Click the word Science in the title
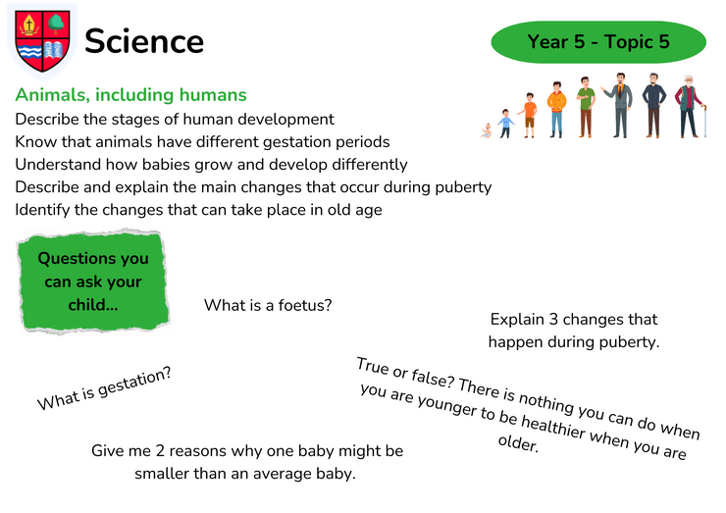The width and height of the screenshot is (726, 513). [x=144, y=41]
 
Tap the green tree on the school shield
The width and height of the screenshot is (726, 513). [x=57, y=24]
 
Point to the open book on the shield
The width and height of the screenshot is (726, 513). [x=54, y=50]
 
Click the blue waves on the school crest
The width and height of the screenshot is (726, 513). [x=29, y=51]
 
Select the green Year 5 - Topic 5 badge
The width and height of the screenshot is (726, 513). [x=598, y=42]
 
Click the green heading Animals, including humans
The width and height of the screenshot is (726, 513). [x=131, y=95]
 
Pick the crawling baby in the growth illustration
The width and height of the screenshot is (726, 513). [x=486, y=131]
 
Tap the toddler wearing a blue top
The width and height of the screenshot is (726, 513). [x=505, y=124]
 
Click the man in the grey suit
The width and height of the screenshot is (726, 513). [x=619, y=105]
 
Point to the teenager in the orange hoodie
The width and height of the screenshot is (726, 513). [x=556, y=110]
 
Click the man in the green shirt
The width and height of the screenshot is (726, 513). [x=586, y=108]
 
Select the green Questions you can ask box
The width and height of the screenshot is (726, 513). [x=93, y=282]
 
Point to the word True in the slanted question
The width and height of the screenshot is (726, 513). [x=372, y=366]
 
